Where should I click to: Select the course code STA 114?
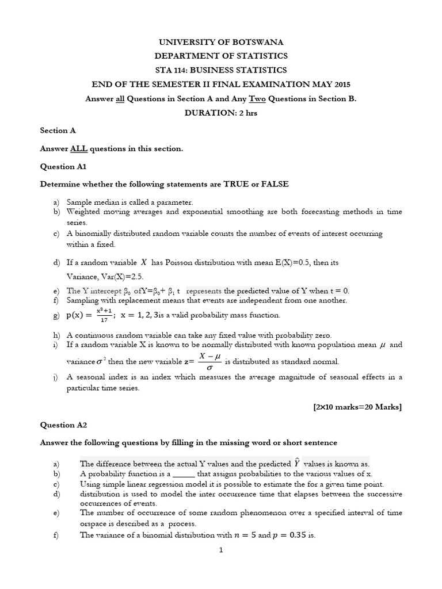coord(172,70)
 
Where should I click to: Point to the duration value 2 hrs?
coord(248,113)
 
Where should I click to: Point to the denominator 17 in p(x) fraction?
coord(104,319)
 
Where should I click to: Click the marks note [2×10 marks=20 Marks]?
coord(357,407)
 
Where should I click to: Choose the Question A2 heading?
coord(62,425)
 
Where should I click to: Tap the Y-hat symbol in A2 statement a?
coord(296,463)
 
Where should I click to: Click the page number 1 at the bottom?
coord(220,550)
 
